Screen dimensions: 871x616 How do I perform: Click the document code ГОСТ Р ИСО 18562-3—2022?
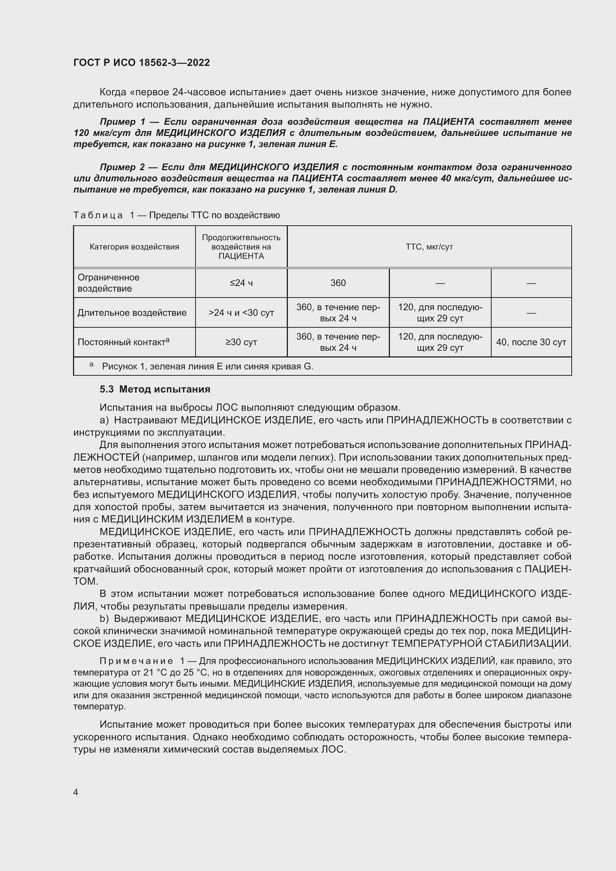[x=142, y=63]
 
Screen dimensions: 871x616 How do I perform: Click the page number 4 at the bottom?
[x=76, y=792]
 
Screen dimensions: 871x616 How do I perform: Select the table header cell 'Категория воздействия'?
[x=134, y=247]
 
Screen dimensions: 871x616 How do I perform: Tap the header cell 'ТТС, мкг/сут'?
[x=429, y=247]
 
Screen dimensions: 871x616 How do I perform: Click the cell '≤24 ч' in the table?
[x=241, y=283]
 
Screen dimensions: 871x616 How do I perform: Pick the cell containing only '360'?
[x=338, y=283]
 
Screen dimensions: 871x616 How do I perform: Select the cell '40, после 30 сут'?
[x=531, y=342]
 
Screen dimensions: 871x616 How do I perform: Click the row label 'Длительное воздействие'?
[x=132, y=312]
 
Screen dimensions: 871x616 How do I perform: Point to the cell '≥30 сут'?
[x=241, y=342]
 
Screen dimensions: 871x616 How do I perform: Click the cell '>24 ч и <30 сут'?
[x=241, y=312]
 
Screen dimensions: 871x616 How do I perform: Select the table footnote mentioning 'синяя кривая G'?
[x=207, y=366]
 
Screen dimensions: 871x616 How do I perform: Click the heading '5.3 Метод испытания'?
[x=155, y=389]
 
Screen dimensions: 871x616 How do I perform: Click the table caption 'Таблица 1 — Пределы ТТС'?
[x=177, y=216]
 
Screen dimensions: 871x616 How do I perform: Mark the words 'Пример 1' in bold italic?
[x=123, y=122]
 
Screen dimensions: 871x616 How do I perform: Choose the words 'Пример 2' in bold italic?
[x=122, y=167]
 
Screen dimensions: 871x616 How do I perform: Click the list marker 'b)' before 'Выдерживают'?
[x=104, y=619]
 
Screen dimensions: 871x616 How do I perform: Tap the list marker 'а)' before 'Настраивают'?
[x=104, y=420]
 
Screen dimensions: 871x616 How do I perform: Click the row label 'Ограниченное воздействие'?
[x=108, y=283]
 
